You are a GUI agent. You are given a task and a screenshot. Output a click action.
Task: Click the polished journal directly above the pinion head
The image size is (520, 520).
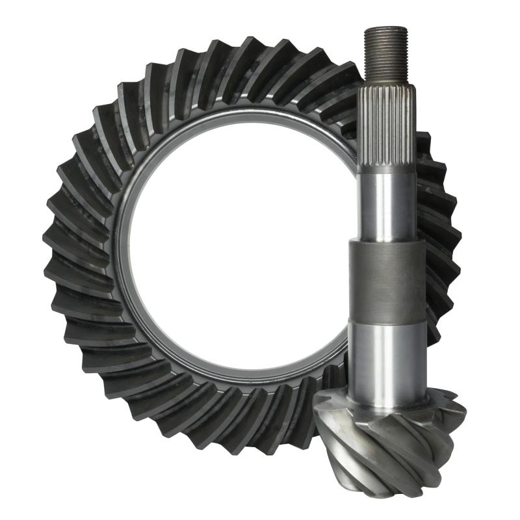386,357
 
